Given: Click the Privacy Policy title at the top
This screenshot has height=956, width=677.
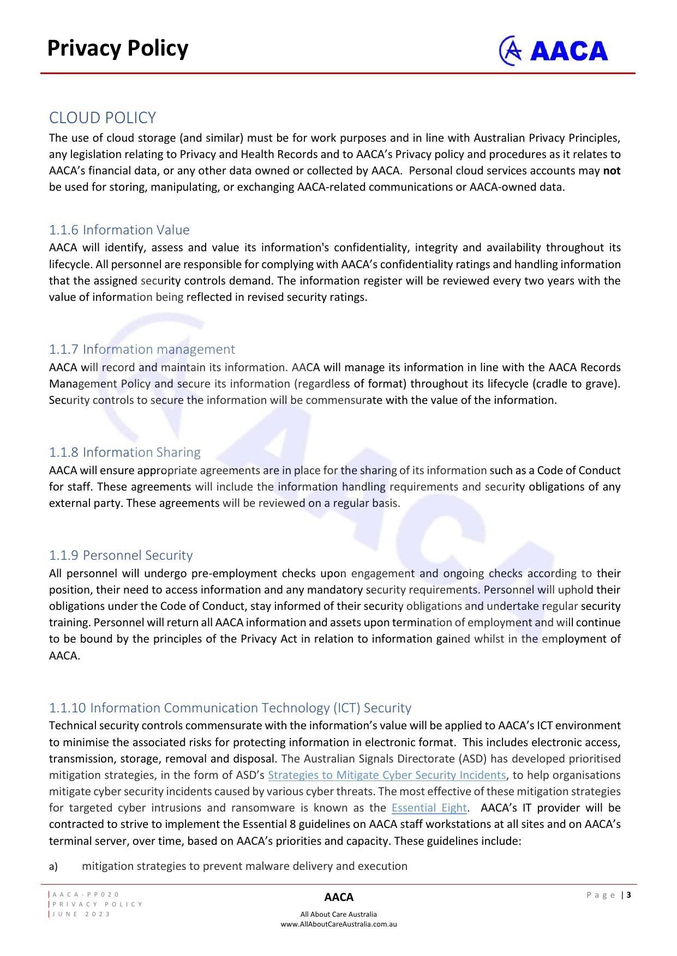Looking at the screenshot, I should pyautogui.click(x=118, y=48).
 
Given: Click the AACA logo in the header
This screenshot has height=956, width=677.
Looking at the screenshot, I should pyautogui.click(x=553, y=51).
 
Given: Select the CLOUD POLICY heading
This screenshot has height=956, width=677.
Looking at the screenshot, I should pyautogui.click(x=103, y=118).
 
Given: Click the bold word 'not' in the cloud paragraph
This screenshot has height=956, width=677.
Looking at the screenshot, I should pyautogui.click(x=612, y=171).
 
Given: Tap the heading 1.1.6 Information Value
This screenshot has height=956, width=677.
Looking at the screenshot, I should pyautogui.click(x=119, y=229).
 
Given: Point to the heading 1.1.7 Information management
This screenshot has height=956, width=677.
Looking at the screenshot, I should pyautogui.click(x=142, y=349).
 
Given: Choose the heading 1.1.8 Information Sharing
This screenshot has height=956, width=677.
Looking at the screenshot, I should pyautogui.click(x=125, y=452).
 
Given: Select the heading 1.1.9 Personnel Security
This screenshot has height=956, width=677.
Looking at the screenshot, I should pyautogui.click(x=121, y=555).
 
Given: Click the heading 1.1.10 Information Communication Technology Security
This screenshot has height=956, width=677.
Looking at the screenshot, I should pyautogui.click(x=230, y=707).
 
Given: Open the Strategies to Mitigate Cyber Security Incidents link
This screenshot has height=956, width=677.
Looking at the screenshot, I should pyautogui.click(x=387, y=775).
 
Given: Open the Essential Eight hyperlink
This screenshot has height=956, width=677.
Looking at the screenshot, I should pyautogui.click(x=429, y=808).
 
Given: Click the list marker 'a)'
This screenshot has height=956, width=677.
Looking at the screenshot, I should pyautogui.click(x=53, y=867).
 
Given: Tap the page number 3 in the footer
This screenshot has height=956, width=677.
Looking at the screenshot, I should pyautogui.click(x=629, y=895).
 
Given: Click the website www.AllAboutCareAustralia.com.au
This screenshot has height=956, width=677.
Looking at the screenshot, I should pyautogui.click(x=339, y=924).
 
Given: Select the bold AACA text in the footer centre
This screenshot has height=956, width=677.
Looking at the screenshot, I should pyautogui.click(x=339, y=897).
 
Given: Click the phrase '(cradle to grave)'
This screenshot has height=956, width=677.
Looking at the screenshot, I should pyautogui.click(x=576, y=384).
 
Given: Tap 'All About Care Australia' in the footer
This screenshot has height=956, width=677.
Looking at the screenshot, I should pyautogui.click(x=339, y=914).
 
